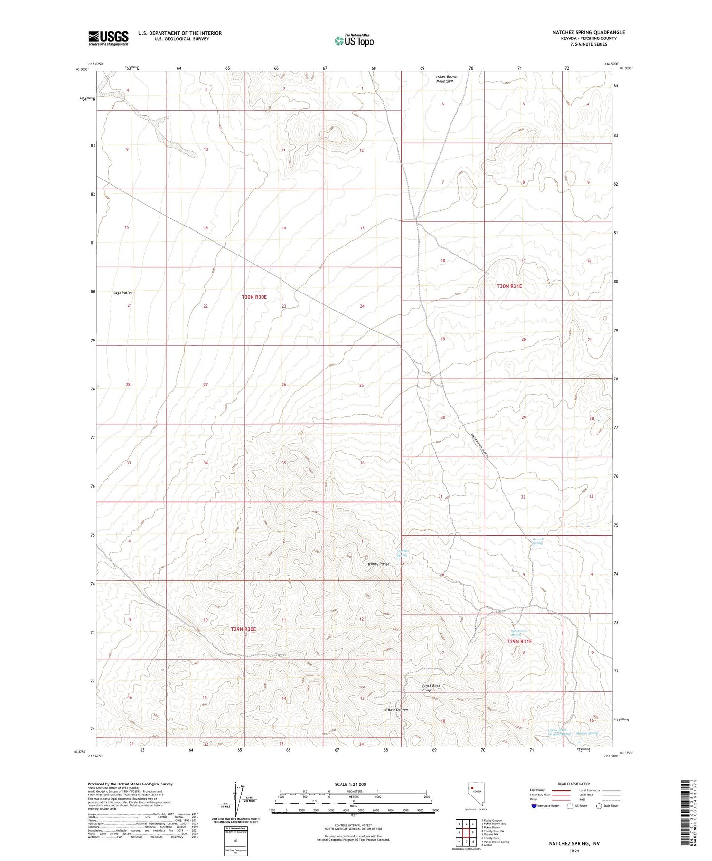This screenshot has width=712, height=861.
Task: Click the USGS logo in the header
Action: click(108, 38)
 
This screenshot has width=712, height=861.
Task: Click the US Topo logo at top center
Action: click(354, 40)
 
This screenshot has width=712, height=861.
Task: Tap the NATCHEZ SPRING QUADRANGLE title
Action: click(588, 32)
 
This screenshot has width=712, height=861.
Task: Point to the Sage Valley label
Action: click(123, 293)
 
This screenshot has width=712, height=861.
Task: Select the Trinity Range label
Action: click(378, 564)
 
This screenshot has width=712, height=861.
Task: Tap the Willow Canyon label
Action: click(396, 710)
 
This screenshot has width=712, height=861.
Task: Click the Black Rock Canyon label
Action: click(431, 688)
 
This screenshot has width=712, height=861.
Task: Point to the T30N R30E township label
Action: click(254, 297)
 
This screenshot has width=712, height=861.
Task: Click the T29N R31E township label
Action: click(519, 641)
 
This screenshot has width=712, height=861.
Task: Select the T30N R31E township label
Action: click(509, 286)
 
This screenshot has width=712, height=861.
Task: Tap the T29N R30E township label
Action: click(244, 629)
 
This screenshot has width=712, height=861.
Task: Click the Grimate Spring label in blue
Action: click(537, 541)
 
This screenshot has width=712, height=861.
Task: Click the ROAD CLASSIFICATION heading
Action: click(574, 784)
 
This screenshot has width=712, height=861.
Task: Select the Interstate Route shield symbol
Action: click(534, 806)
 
